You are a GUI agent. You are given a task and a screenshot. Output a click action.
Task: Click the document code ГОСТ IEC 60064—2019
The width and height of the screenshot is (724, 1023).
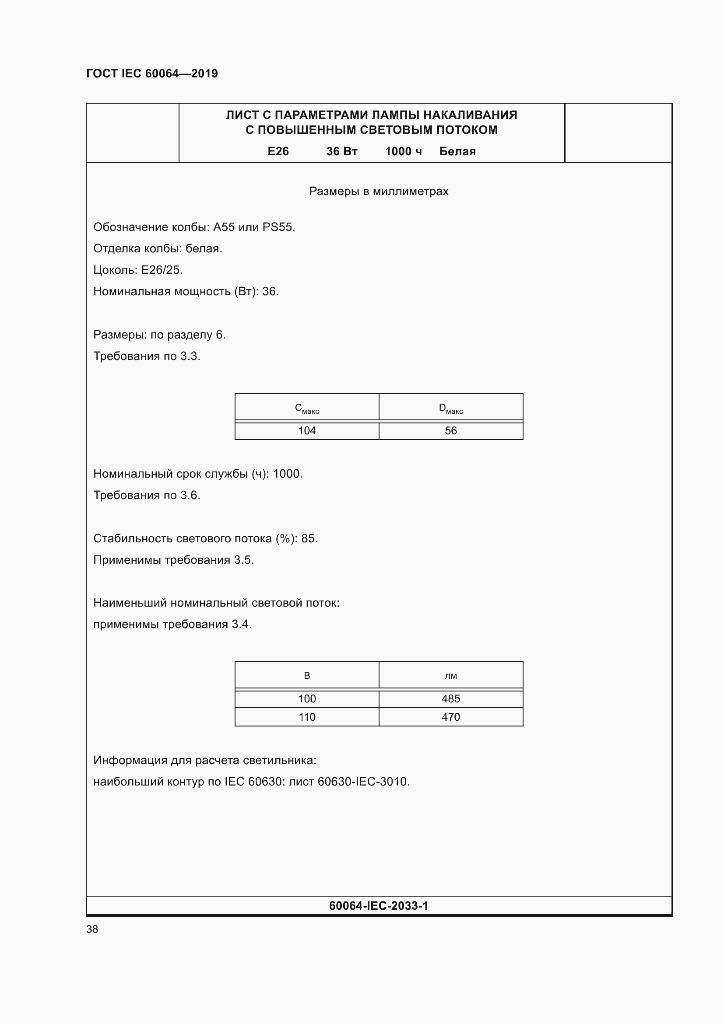pos(151,73)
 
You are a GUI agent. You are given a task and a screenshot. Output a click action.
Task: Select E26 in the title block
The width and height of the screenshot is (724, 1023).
pos(278,151)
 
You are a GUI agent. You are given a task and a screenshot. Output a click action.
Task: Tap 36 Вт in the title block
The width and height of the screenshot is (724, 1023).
pos(341,151)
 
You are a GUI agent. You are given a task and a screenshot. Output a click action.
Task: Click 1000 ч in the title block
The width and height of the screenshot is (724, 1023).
pos(403,151)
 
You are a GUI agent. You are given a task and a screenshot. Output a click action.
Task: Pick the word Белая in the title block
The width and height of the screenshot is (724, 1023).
pos(457,151)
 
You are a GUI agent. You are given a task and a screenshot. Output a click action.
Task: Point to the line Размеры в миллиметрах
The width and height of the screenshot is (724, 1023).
pos(379,191)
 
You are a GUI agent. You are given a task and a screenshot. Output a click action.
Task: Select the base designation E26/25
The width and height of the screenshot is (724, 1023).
pos(162,270)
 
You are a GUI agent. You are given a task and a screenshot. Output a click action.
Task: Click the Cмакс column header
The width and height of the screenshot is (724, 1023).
pos(307,408)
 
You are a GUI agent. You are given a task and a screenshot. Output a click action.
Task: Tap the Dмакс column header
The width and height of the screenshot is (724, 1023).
pos(451,408)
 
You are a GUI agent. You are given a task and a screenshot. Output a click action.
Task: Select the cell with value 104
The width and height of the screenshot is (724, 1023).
pos(307,431)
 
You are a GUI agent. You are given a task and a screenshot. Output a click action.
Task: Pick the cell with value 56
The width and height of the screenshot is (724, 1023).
pos(451,431)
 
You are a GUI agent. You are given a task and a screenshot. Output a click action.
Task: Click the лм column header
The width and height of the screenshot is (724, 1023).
pos(451,676)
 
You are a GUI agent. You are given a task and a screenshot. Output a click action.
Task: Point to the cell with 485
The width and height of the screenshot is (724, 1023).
pos(451,698)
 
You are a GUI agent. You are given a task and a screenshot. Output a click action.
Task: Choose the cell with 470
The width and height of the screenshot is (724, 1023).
pos(451,717)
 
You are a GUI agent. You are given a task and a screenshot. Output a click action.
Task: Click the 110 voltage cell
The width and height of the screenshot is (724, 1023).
pos(307,717)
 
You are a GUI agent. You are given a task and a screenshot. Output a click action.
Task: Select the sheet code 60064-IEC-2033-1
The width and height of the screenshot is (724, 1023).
pos(379,906)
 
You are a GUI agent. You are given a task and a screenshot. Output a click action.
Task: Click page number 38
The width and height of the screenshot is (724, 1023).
pos(92,929)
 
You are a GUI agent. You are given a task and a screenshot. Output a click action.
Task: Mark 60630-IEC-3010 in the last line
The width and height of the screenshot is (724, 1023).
pos(362,782)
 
